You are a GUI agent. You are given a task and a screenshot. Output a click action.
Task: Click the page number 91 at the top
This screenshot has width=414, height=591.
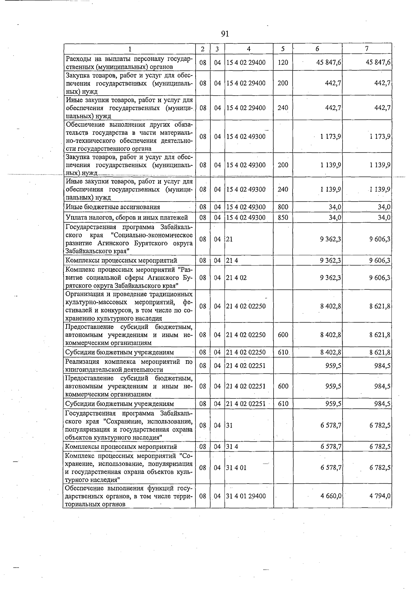coord(225,33)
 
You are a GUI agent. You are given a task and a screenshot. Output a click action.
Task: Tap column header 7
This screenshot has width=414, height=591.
coord(367,49)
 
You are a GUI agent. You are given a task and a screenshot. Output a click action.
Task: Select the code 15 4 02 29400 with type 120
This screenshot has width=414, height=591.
coord(246,62)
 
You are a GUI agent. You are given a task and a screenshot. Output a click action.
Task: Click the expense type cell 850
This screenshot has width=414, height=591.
coord(283,217)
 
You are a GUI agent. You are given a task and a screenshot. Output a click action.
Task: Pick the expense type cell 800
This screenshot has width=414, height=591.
coord(283,207)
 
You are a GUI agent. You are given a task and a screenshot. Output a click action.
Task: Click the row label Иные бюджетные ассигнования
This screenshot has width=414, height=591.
coord(113,207)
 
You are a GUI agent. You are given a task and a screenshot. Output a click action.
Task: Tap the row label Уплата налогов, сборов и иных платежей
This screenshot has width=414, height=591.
coord(127,217)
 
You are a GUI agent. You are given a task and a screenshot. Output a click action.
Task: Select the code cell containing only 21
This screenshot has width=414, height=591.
coord(229,239)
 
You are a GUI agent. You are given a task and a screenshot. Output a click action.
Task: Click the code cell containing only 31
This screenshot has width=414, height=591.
coord(229,425)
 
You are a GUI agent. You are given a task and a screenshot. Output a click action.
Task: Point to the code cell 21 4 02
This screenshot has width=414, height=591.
coord(236,278)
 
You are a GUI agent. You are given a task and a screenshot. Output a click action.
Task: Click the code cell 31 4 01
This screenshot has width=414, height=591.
coord(236,468)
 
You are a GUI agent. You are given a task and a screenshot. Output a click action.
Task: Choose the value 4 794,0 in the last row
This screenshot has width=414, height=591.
coord(379,496)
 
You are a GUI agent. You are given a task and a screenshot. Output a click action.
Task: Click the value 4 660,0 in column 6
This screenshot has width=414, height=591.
coord(331,496)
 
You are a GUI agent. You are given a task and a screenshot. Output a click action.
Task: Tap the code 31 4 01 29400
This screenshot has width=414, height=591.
coord(246,496)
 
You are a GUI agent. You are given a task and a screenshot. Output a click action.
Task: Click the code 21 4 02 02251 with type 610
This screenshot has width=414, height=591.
coord(246,404)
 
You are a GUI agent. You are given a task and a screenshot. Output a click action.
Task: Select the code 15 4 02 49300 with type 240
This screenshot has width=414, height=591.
coord(246,190)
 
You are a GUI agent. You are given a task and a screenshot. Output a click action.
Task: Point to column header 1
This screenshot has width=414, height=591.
coord(129,49)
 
